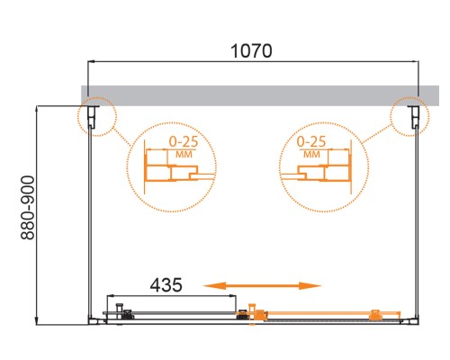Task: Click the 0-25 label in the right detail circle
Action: [310, 142]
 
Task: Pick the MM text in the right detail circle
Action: [311, 154]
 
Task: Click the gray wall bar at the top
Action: [251, 94]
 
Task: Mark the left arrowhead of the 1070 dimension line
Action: [91, 62]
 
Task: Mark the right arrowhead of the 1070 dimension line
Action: [417, 62]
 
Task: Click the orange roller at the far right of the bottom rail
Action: [375, 315]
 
